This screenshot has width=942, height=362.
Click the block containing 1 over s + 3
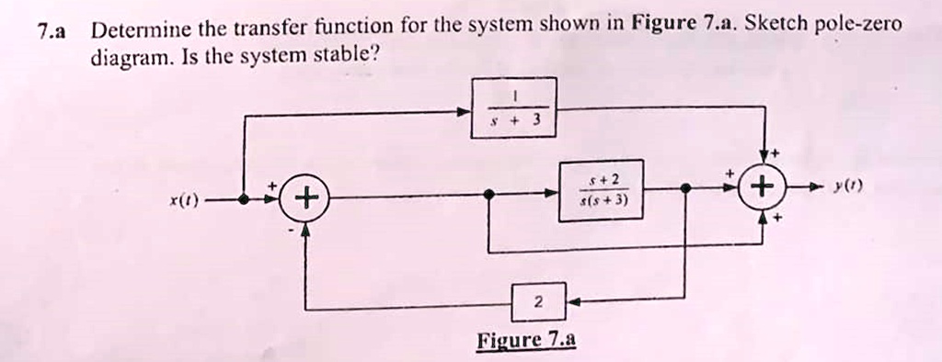tap(513, 107)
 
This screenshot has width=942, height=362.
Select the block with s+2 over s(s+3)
tap(602, 190)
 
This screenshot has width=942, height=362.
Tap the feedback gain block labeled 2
tap(538, 301)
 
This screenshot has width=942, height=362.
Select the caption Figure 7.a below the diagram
tap(526, 341)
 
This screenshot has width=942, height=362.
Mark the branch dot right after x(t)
tap(244, 198)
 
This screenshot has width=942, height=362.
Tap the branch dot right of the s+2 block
tap(684, 188)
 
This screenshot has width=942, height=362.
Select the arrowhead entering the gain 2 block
tap(570, 300)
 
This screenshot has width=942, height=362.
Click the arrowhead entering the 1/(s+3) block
tap(465, 112)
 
